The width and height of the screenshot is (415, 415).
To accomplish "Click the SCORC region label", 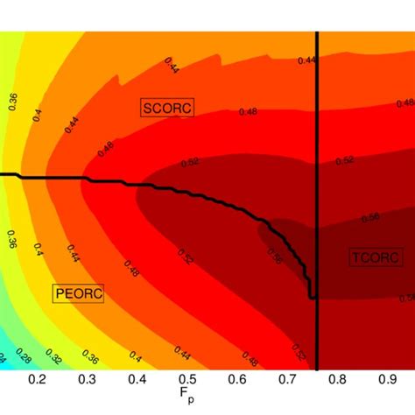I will (167, 107).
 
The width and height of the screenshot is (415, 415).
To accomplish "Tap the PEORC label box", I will (78, 293).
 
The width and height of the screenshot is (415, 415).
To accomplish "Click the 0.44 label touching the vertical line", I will (306, 60).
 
